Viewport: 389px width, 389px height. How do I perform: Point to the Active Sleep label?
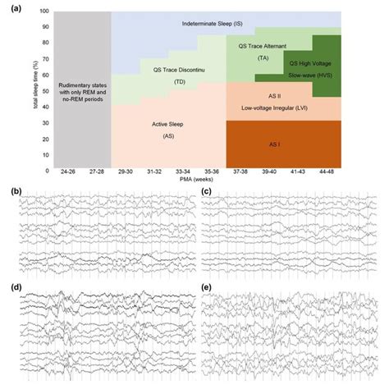167,124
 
